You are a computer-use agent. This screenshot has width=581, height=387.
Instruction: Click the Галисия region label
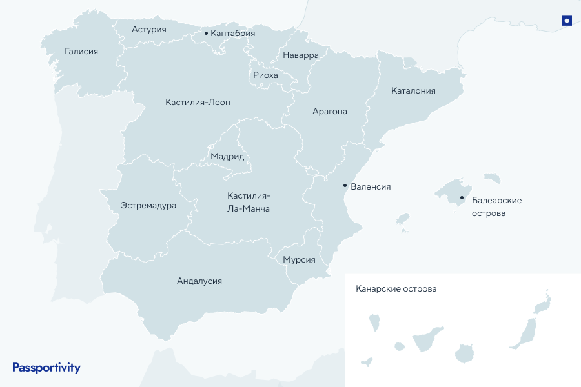[81, 51]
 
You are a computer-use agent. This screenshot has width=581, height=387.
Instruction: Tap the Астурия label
[149, 29]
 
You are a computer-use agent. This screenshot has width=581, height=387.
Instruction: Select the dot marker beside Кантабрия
[206, 33]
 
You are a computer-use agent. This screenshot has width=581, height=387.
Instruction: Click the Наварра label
[301, 55]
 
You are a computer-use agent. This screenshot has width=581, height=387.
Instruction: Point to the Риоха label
[265, 75]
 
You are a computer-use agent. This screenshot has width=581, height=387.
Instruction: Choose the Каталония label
[413, 90]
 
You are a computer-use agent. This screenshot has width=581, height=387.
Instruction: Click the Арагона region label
[330, 111]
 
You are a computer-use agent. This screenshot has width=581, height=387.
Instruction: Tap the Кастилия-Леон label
[198, 102]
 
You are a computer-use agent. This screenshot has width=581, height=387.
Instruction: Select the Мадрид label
[227, 156]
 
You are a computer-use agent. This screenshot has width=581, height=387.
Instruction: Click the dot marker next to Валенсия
[345, 185]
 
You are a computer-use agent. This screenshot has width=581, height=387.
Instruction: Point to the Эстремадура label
[148, 205]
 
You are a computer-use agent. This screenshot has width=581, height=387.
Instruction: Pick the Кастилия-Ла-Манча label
[249, 202]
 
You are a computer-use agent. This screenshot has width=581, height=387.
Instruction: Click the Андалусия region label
[199, 281]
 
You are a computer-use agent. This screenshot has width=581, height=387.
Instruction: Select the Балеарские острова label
[496, 206]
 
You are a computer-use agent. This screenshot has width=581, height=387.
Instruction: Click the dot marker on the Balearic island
[462, 198]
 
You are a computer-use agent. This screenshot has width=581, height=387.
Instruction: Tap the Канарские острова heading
[396, 288]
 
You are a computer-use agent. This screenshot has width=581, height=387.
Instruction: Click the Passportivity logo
[46, 368]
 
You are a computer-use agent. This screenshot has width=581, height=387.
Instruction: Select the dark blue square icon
[567, 21]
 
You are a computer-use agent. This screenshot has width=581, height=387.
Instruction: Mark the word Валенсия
[371, 186]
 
